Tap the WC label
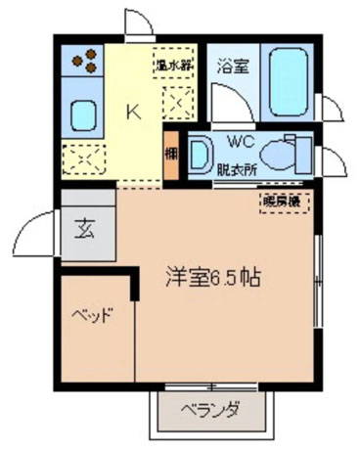click(x=241, y=140)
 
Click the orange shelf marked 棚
click(x=170, y=154)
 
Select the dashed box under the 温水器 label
click(x=177, y=100)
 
